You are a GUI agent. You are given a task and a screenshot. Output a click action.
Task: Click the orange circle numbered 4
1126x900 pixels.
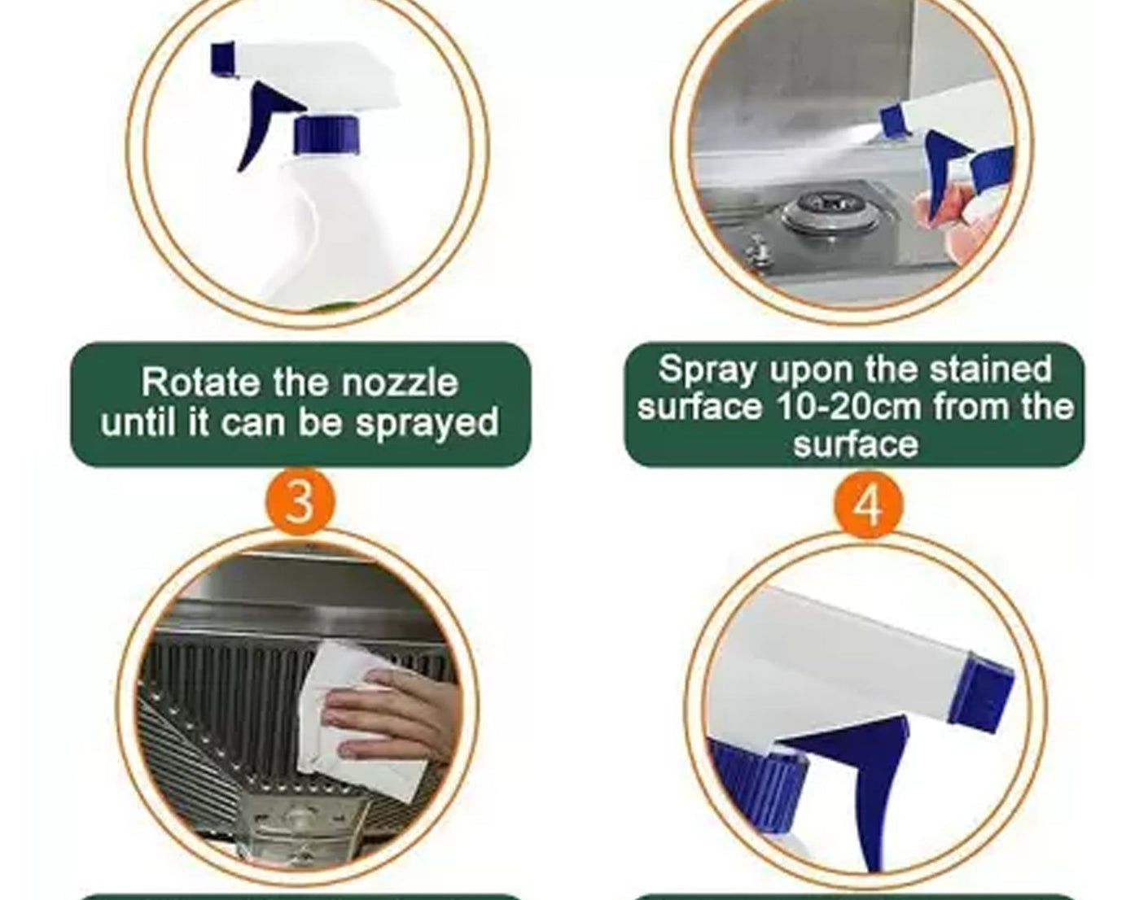pos(868,505)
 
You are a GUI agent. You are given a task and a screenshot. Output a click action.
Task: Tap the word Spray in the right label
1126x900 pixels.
pos(707,369)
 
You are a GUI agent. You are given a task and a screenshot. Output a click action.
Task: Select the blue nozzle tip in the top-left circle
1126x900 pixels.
pos(222,61)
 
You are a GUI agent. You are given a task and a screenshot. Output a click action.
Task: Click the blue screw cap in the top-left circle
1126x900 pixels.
pos(326,135)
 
